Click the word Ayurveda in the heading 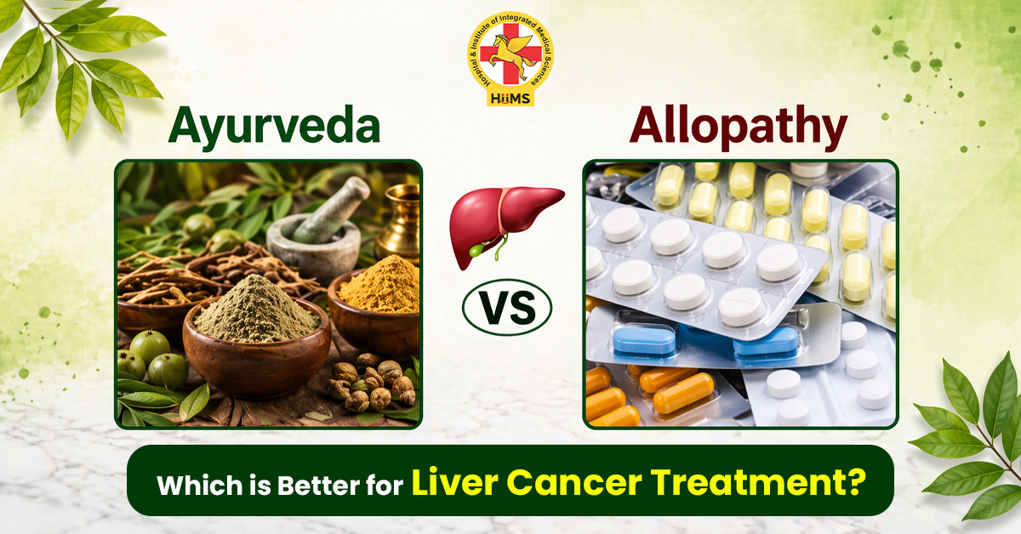[x=273, y=128]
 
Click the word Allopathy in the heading [x=739, y=128]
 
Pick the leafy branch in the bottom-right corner [x=970, y=442]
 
